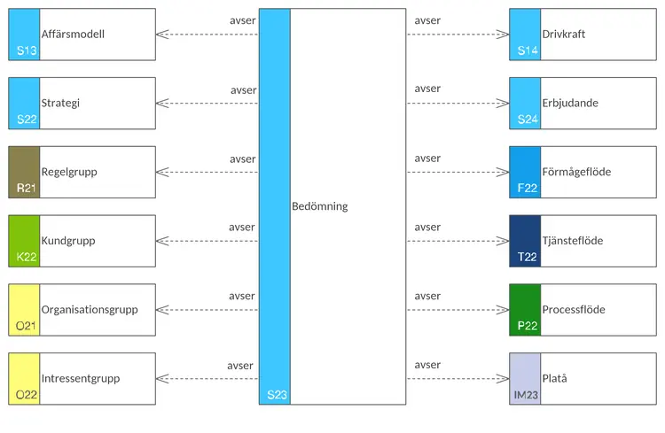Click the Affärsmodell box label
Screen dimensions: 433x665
(73, 35)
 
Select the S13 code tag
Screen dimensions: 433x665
(27, 51)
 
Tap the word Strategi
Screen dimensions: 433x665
(60, 104)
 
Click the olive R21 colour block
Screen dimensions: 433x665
(25, 172)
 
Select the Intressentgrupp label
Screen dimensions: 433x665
(80, 379)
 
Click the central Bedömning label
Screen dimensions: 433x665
(319, 206)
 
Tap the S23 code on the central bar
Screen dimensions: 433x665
(277, 395)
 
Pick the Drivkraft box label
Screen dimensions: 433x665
(564, 35)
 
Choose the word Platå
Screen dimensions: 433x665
(555, 379)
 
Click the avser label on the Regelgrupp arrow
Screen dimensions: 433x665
(242, 159)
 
